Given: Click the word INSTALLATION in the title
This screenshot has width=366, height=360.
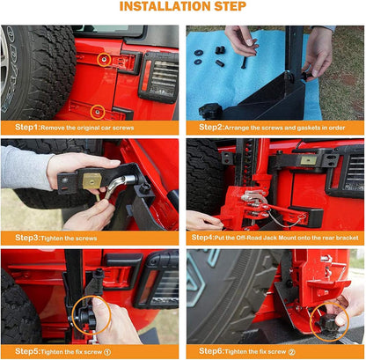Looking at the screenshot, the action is click(x=165, y=6).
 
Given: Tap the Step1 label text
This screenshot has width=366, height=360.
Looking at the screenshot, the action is click(x=27, y=128).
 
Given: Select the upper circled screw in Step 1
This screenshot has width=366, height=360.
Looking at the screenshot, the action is click(x=104, y=60).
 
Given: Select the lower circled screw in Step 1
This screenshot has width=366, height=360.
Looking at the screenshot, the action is click(x=97, y=112).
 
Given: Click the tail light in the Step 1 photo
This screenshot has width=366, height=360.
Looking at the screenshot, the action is click(x=158, y=77).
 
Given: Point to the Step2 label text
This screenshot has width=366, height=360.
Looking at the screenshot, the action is click(x=211, y=128).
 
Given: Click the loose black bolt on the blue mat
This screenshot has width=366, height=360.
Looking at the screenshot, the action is click(x=243, y=62).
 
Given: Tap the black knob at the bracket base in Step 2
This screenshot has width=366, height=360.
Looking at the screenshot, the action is click(x=210, y=111).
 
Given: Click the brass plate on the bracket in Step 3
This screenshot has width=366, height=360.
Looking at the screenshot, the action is click(x=91, y=180).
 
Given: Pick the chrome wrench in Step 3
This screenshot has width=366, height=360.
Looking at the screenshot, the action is click(x=117, y=185).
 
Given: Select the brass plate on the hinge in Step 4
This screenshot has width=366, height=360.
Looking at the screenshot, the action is click(x=309, y=159).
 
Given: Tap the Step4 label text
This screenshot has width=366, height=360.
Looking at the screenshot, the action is click(x=202, y=238).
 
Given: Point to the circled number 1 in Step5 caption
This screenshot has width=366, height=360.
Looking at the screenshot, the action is click(x=107, y=352).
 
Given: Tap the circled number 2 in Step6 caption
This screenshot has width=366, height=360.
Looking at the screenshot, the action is click(x=291, y=352).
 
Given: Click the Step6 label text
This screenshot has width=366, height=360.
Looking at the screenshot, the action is click(x=211, y=351).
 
